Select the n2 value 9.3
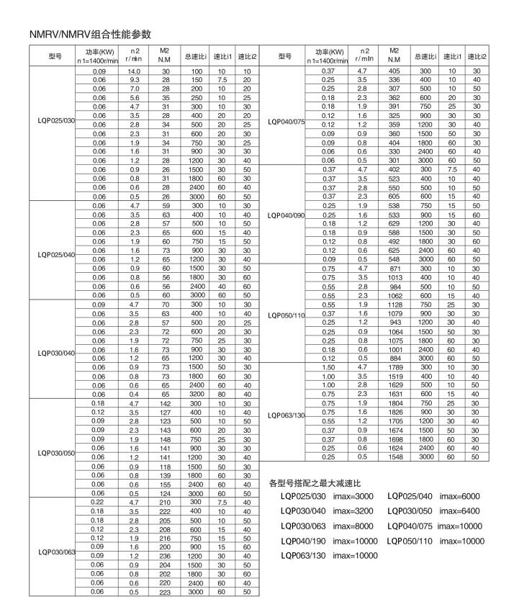pyautogui.click(x=134, y=80)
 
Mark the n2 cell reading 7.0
pyautogui.click(x=134, y=88)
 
